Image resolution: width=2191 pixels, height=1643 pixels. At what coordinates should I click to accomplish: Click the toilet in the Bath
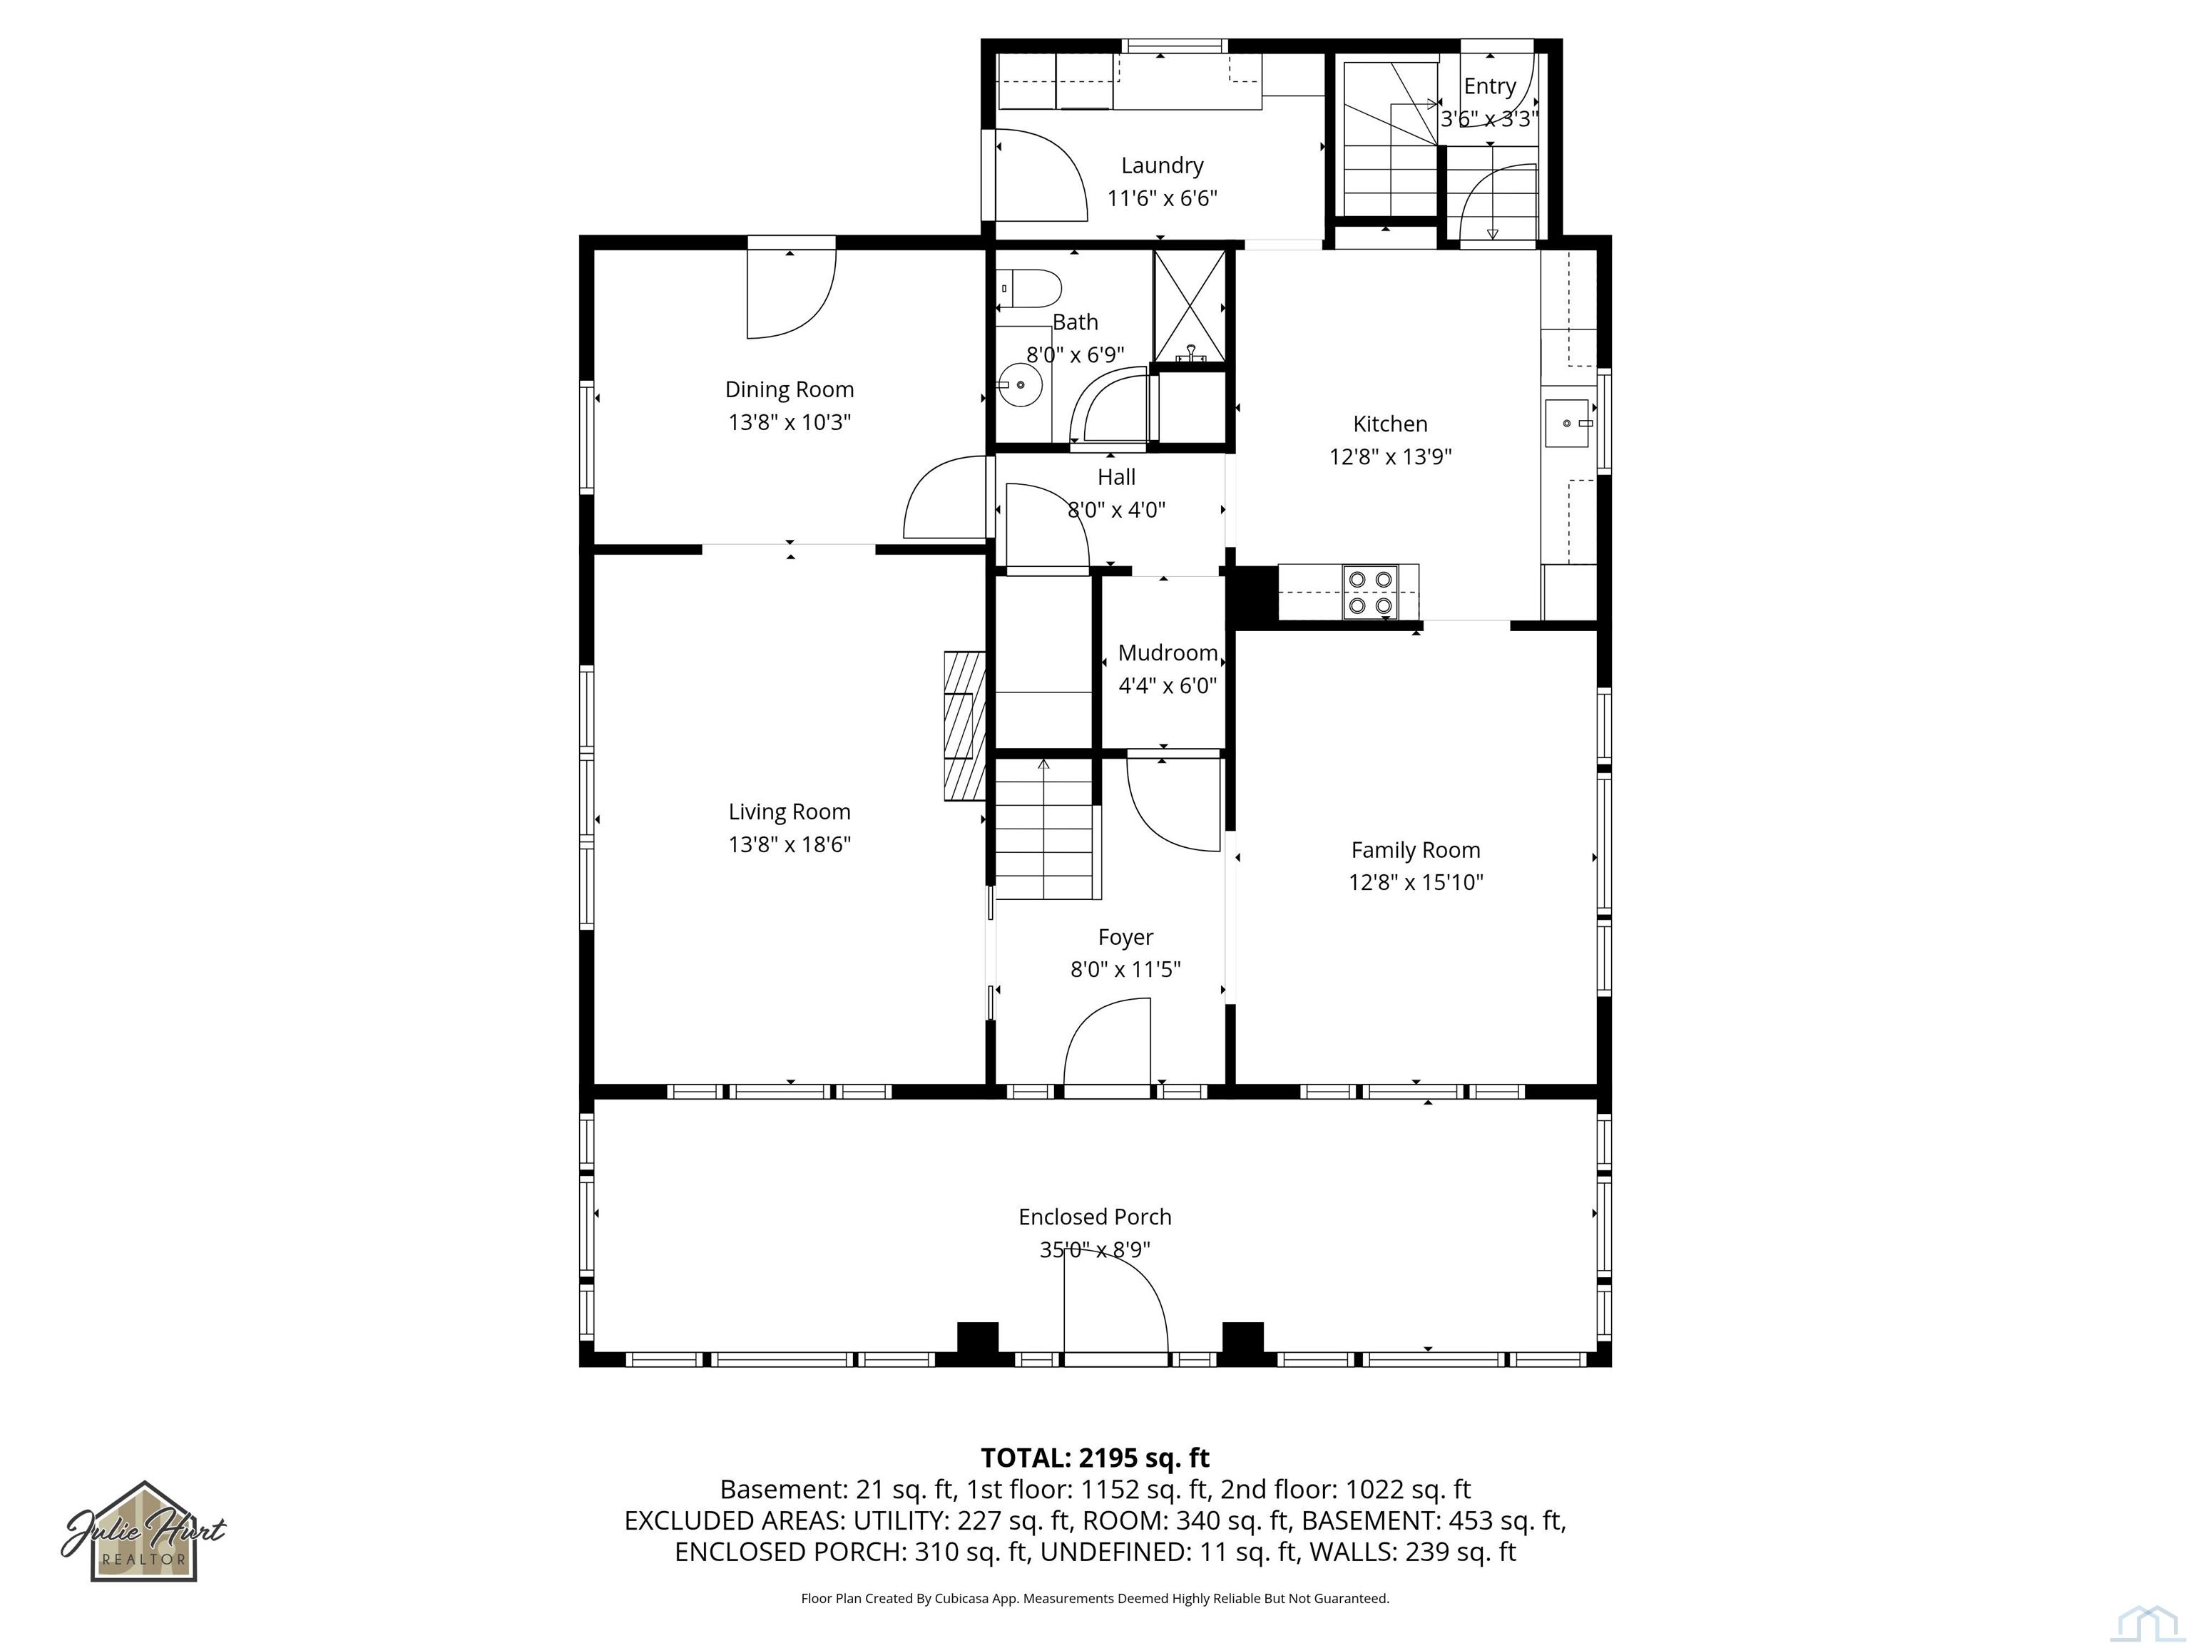point(1033,288)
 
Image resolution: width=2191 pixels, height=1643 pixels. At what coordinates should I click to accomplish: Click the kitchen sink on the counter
point(1567,423)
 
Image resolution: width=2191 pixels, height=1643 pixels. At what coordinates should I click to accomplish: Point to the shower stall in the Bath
point(1189,306)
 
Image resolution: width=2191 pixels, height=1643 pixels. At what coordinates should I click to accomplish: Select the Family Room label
point(1416,850)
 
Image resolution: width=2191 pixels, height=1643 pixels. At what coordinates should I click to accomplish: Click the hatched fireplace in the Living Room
point(964,725)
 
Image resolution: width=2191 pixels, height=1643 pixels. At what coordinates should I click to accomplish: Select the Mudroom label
point(1167,652)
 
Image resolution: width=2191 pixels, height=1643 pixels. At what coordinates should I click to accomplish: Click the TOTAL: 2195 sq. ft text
point(1095,1458)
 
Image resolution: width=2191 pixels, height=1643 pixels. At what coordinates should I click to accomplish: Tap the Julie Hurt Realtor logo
point(145,1532)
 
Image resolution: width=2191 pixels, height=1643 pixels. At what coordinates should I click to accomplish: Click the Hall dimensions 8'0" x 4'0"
point(1116,510)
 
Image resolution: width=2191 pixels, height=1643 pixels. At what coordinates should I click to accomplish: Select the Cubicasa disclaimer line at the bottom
point(1095,1599)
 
